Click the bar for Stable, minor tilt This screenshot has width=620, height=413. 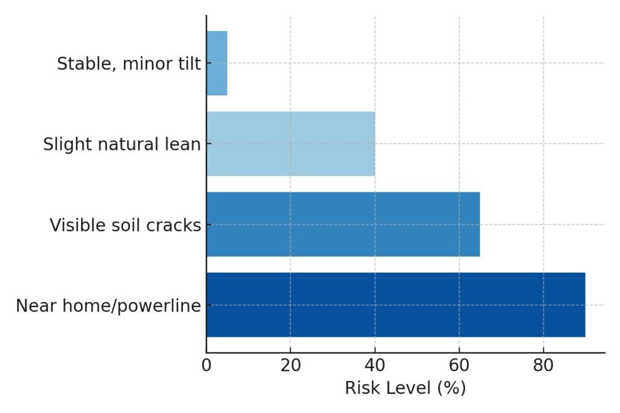(x=217, y=63)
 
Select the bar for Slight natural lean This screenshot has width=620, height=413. (x=291, y=144)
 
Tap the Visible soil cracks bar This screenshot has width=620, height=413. (x=343, y=224)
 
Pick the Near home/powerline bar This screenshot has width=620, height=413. (x=395, y=305)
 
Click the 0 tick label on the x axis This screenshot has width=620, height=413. (x=206, y=366)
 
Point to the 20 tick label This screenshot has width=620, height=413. (x=291, y=366)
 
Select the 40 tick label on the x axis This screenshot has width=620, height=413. (x=375, y=366)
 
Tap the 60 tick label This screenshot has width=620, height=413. (x=459, y=366)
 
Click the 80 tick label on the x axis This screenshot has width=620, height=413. (x=543, y=366)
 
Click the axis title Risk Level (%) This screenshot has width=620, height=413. (x=405, y=388)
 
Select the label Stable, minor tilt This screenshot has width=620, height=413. (x=128, y=63)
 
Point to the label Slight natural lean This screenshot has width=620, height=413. (x=122, y=145)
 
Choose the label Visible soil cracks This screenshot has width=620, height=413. (x=125, y=225)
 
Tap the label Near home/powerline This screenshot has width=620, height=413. (x=108, y=306)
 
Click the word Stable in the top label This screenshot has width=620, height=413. (x=77, y=63)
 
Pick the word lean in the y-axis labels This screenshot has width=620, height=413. (x=186, y=145)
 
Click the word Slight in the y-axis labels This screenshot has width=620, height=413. (x=62, y=145)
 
